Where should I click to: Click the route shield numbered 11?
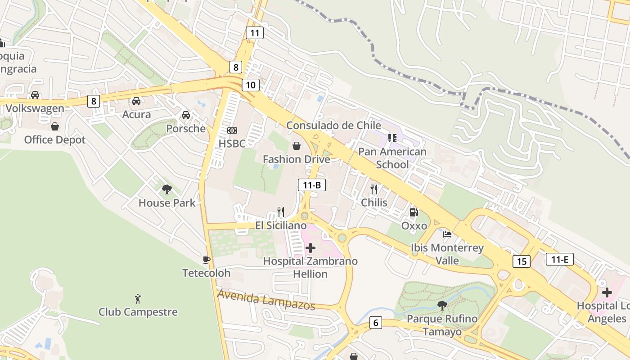[255, 32]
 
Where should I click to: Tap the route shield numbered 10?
[251, 85]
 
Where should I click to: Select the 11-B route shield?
[311, 185]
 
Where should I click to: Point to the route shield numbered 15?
[522, 261]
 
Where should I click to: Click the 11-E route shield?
[559, 259]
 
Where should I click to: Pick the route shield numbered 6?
[376, 323]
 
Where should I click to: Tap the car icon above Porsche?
[185, 115]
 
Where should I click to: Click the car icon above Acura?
[136, 101]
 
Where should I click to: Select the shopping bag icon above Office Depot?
[55, 126]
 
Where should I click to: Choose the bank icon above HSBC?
[232, 130]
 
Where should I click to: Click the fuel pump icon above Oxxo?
[414, 212]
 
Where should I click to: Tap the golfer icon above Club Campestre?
[138, 298]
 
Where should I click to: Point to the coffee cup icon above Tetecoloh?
[207, 260]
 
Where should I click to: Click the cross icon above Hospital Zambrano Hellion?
[310, 247]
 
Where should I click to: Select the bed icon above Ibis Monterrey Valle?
[447, 234]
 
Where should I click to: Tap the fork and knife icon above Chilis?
[374, 189]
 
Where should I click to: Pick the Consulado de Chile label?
[333, 125]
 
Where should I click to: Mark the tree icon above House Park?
[167, 189]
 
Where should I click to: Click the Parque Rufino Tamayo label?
[442, 325]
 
